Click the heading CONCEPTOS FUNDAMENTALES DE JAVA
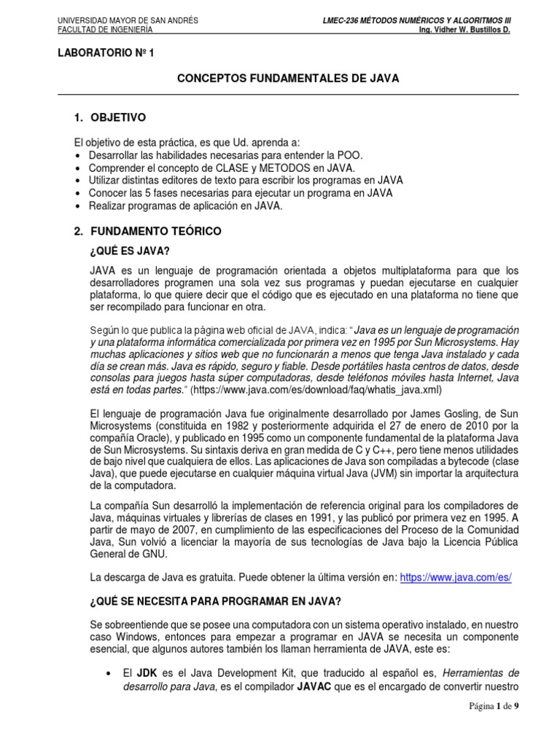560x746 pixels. click(288, 79)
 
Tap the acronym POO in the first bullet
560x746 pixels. click(346, 156)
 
